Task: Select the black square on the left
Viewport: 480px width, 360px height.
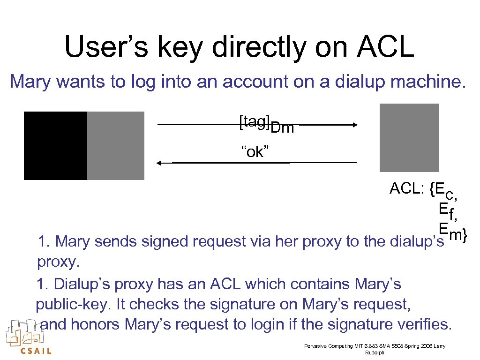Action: coord(55,146)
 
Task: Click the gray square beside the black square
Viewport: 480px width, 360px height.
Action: coord(116,146)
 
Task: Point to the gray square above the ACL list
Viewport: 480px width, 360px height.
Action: coord(409,138)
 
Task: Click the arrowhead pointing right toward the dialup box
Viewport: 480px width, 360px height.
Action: coord(354,125)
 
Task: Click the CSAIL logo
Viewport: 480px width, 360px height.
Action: coord(29,337)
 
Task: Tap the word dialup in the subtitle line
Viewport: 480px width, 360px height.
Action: coord(361,82)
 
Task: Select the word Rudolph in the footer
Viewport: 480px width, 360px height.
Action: coord(375,352)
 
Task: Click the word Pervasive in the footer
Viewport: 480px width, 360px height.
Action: coord(316,346)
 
